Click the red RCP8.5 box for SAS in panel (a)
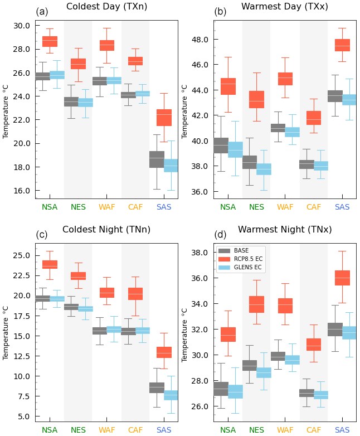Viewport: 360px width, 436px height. (164, 118)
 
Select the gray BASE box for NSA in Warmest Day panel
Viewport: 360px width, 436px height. (221, 145)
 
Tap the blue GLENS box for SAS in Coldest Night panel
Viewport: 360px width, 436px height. (171, 395)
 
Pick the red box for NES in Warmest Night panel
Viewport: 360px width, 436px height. (256, 304)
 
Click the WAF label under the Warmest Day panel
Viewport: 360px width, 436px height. (285, 207)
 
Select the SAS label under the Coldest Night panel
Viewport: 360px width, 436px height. (164, 430)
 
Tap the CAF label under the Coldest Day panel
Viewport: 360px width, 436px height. (135, 207)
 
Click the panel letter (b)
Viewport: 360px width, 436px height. (220, 12)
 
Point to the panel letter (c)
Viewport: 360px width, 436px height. (42, 235)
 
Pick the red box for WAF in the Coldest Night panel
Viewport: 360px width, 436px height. (106, 293)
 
